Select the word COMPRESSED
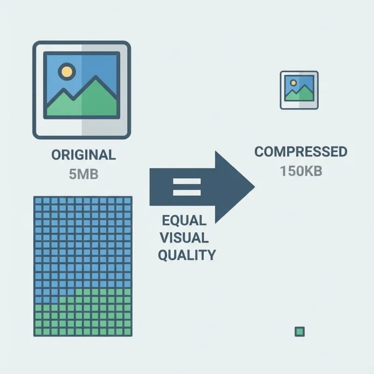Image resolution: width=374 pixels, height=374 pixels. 301,152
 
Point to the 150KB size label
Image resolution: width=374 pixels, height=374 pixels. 301,171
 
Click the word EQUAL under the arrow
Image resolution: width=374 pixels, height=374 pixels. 184,220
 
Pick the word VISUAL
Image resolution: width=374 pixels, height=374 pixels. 184,237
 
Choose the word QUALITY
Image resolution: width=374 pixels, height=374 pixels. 187,255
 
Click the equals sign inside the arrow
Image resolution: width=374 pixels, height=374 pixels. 187,187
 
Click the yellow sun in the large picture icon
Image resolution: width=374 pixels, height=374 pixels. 67,72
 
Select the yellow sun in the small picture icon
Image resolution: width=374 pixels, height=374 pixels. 293,83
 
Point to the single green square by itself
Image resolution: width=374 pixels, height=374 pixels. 300,331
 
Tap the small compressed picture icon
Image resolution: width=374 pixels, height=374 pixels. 299,90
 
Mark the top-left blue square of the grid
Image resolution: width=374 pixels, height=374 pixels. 38,200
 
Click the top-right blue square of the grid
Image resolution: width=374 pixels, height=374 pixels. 128,200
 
